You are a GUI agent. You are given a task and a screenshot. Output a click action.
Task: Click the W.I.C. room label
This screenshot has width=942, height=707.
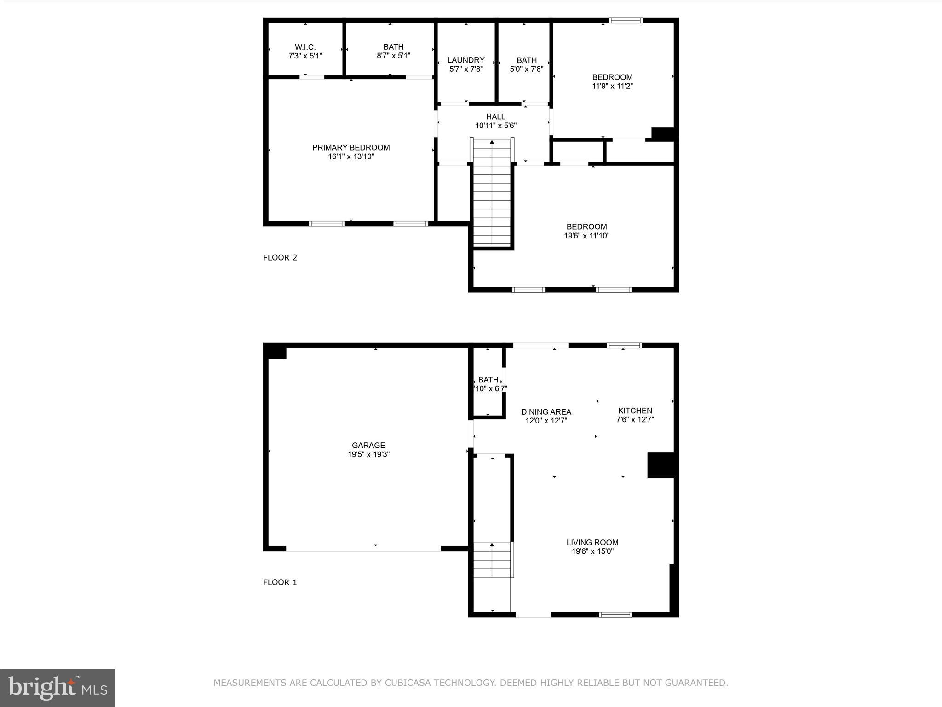pyautogui.click(x=305, y=47)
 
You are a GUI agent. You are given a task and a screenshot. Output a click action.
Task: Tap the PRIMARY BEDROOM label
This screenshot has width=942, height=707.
pyautogui.click(x=351, y=147)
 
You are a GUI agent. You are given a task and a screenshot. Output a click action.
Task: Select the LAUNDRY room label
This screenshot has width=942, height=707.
pyautogui.click(x=466, y=60)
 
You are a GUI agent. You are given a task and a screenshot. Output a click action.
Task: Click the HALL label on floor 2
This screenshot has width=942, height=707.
pyautogui.click(x=495, y=117)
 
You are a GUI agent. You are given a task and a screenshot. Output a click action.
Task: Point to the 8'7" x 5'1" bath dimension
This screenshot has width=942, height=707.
pyautogui.click(x=393, y=56)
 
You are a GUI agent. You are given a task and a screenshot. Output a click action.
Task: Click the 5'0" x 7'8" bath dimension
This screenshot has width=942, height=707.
pyautogui.click(x=527, y=69)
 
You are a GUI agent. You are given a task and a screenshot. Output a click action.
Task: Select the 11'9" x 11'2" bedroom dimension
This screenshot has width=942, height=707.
pyautogui.click(x=612, y=86)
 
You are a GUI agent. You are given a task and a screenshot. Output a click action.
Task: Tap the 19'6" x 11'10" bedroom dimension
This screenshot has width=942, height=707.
pyautogui.click(x=586, y=236)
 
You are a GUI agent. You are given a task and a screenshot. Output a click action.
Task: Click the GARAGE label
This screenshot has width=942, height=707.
pyautogui.click(x=368, y=445)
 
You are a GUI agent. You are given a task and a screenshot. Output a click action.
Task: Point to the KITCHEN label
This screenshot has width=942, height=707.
pyautogui.click(x=635, y=411)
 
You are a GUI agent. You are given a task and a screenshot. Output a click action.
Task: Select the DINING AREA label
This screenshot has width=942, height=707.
pyautogui.click(x=546, y=412)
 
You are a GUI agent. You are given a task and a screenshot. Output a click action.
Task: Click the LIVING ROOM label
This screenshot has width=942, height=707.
pyautogui.click(x=592, y=542)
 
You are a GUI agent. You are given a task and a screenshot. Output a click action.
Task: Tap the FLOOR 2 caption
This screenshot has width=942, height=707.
pyautogui.click(x=280, y=257)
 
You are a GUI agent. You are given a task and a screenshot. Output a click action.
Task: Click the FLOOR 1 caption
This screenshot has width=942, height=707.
pyautogui.click(x=280, y=582)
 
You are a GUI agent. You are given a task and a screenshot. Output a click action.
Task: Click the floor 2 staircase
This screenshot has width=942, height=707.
pyautogui.click(x=492, y=193)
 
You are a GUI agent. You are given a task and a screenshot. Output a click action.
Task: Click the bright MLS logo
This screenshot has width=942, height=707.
pyautogui.click(x=57, y=688)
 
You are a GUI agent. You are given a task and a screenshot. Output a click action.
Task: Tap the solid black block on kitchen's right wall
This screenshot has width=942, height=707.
pyautogui.click(x=661, y=465)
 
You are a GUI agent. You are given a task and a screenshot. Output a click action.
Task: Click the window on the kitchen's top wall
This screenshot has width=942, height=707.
pyautogui.click(x=624, y=345)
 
